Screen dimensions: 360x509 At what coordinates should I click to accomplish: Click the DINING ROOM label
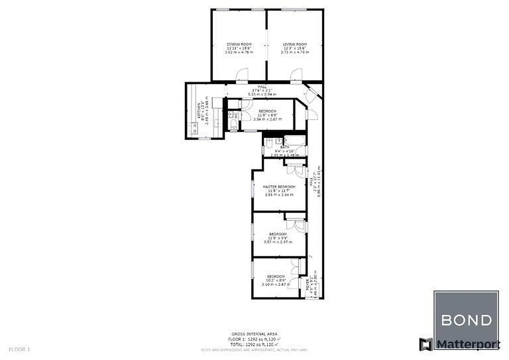239,44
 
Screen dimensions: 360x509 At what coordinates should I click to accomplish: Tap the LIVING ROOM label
294,44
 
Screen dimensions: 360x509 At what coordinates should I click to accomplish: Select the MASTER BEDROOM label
279,187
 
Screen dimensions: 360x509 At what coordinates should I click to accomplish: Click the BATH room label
284,147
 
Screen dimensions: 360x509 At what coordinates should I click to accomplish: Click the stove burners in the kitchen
195,128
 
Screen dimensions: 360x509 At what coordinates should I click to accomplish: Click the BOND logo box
466,320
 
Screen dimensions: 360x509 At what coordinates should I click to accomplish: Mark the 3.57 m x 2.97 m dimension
278,242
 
